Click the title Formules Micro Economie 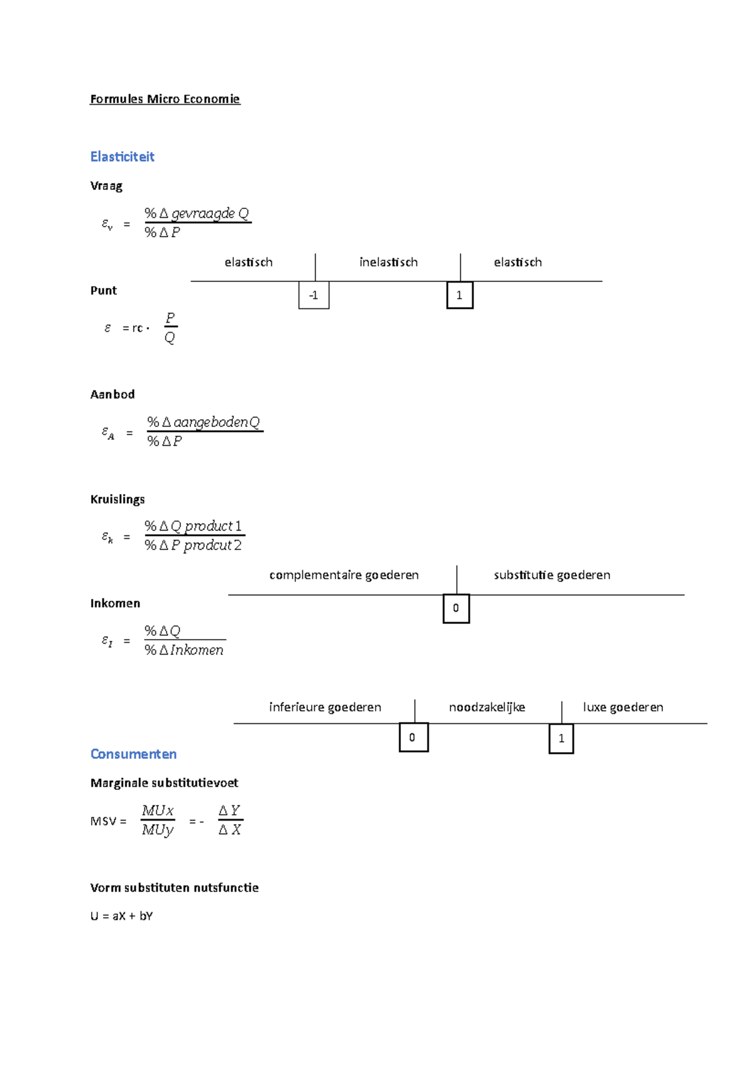point(165,99)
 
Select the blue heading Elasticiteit point(122,156)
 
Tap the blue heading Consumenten point(133,754)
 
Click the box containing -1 point(314,295)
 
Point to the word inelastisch point(388,262)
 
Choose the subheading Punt point(104,291)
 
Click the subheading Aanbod point(112,394)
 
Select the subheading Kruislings point(117,499)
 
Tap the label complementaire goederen point(344,575)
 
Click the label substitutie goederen point(552,575)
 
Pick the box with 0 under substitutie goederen point(456,608)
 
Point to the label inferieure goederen point(325,708)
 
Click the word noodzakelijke point(487,708)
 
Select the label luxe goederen point(623,708)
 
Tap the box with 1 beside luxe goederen point(561,739)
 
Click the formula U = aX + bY point(121,916)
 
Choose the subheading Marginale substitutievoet point(164,783)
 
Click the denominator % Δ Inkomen point(184,650)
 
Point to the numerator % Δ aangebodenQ point(204,422)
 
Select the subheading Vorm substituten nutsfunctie point(174,888)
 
